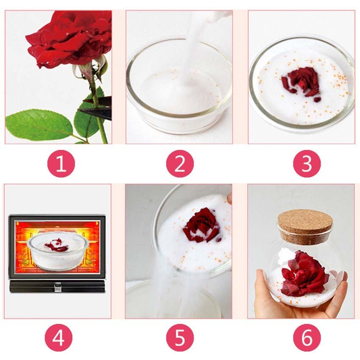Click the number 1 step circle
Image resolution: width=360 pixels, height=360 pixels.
[61, 164]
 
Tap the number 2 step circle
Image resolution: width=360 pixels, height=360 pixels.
[180, 164]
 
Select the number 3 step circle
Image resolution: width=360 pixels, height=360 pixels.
[307, 164]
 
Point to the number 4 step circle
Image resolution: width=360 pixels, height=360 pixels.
[58, 338]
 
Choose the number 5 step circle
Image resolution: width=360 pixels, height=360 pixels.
[180, 338]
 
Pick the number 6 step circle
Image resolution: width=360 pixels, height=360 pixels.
[307, 338]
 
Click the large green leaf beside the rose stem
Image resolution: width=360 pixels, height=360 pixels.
[39, 125]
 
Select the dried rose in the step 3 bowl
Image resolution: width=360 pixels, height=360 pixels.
[301, 82]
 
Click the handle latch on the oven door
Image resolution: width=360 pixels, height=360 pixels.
[58, 287]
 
